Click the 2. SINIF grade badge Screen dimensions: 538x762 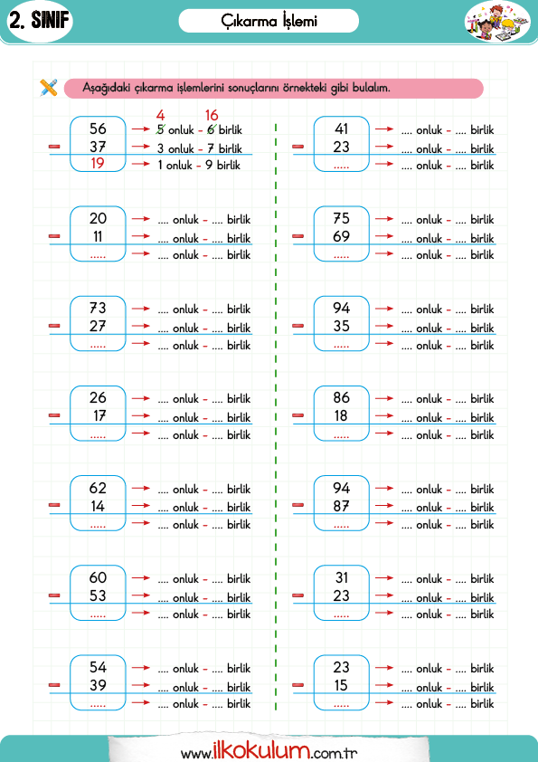[40, 21]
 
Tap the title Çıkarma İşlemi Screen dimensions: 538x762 [269, 22]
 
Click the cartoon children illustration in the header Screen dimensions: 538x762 [497, 22]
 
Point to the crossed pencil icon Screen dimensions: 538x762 [49, 88]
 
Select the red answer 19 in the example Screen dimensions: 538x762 [98, 163]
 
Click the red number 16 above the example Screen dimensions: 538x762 [212, 115]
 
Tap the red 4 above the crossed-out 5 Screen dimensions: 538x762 [161, 115]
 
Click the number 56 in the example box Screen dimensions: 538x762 [98, 129]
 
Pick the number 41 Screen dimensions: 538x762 [342, 129]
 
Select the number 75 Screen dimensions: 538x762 [342, 218]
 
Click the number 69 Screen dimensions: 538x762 [342, 236]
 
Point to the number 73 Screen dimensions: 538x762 [98, 308]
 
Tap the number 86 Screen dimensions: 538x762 [342, 397]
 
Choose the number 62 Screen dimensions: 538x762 [98, 488]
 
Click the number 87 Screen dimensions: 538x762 [342, 506]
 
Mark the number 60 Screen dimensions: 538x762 [98, 577]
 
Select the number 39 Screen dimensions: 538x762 [98, 685]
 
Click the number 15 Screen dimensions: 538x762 [342, 685]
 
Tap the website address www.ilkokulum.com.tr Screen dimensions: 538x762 [269, 751]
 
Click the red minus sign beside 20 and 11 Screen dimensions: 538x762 [55, 236]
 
